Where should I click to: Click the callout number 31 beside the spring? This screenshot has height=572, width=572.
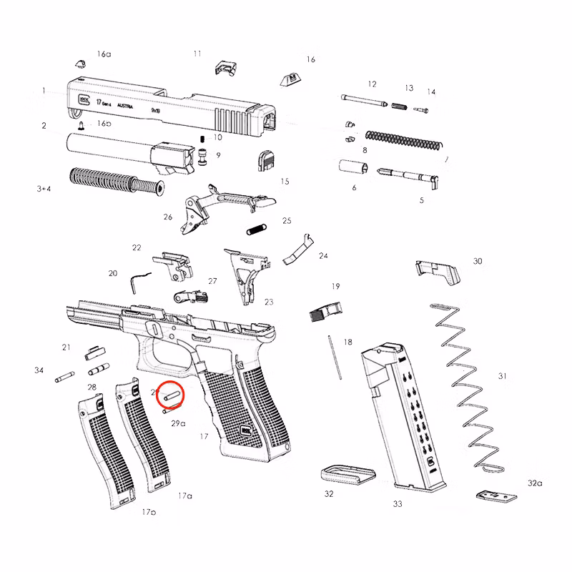click(x=502, y=376)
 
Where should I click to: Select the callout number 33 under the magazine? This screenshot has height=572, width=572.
click(x=398, y=504)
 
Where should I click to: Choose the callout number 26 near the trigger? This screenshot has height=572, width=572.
click(x=167, y=217)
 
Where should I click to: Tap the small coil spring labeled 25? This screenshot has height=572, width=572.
click(x=256, y=230)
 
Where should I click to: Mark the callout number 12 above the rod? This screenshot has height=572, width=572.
click(x=372, y=84)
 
